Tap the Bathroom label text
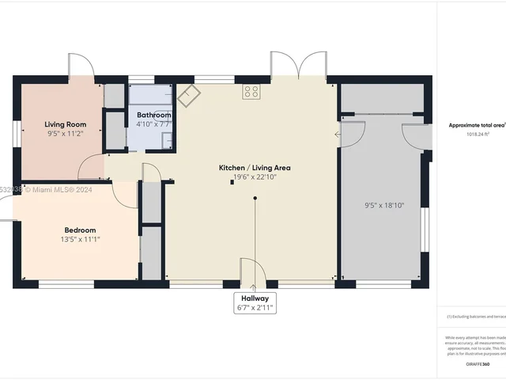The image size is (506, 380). click(x=154, y=116)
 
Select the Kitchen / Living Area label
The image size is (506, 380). click(x=255, y=168)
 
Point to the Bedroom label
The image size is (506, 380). click(x=80, y=230)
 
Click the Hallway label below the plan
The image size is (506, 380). click(x=255, y=298)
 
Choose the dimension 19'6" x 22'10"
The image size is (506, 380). click(x=255, y=177)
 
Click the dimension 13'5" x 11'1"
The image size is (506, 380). click(x=80, y=239)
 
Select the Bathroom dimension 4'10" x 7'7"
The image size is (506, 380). click(x=154, y=124)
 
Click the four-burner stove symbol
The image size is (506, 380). click(x=251, y=92)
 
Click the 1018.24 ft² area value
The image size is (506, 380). click(x=477, y=135)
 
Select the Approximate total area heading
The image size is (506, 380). click(x=477, y=125)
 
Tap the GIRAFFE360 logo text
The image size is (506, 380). click(x=477, y=363)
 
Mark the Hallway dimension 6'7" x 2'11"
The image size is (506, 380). click(x=255, y=307)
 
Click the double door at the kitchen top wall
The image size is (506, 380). click(x=299, y=65)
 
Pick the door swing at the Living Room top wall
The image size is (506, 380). click(x=81, y=66)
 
